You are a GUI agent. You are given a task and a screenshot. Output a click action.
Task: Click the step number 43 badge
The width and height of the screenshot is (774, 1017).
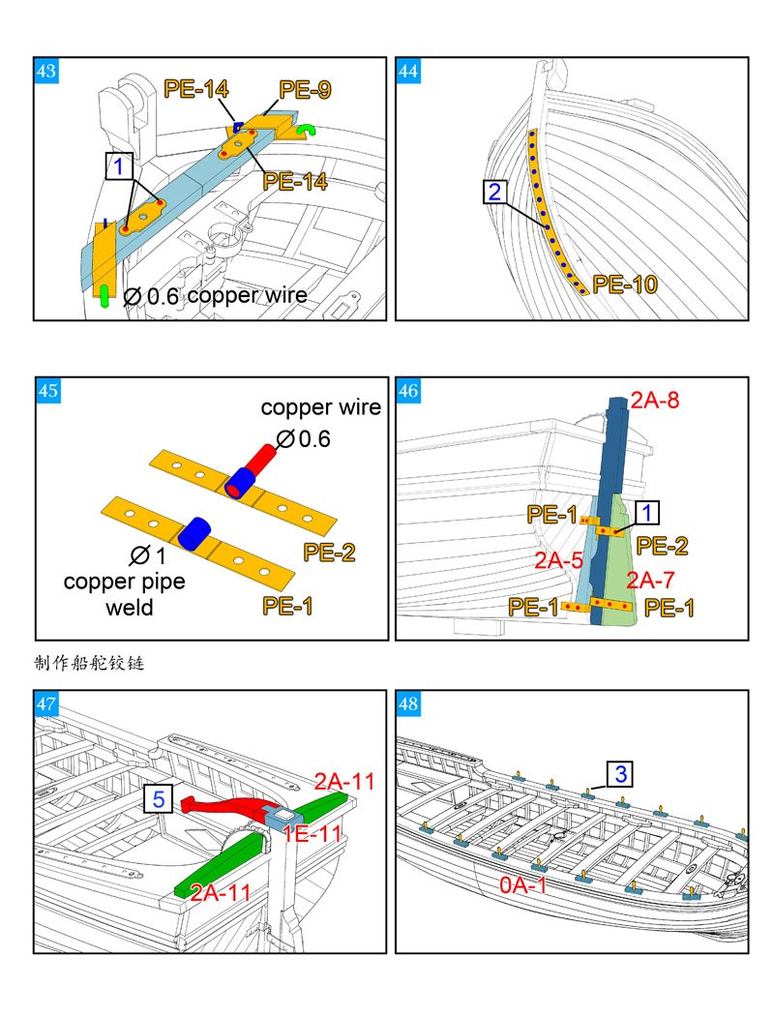(x=46, y=71)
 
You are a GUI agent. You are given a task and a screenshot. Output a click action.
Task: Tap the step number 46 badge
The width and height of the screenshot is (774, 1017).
(x=408, y=391)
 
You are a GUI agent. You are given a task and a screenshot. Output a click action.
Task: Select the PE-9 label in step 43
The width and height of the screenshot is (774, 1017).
(x=305, y=89)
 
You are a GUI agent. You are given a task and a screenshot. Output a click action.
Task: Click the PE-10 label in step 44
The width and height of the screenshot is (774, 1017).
(x=625, y=284)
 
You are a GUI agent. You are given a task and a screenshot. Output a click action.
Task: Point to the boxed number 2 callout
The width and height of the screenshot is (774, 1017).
(x=495, y=192)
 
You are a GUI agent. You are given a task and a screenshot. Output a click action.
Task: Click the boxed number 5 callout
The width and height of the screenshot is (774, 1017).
(x=159, y=798)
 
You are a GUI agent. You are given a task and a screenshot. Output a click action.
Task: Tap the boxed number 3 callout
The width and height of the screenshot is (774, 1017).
(x=620, y=774)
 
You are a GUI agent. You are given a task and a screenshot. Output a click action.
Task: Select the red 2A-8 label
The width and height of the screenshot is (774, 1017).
(x=655, y=401)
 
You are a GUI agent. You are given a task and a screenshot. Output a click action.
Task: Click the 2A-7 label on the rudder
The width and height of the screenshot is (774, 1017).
(x=650, y=580)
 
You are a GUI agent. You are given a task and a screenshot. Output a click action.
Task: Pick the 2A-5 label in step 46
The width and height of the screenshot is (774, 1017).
(x=559, y=559)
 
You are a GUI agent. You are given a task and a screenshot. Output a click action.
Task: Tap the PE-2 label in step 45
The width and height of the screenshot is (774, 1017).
(x=329, y=552)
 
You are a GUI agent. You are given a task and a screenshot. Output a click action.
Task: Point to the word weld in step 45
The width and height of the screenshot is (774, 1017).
(x=130, y=608)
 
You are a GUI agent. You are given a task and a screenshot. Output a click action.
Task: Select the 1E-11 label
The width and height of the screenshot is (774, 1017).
(x=312, y=833)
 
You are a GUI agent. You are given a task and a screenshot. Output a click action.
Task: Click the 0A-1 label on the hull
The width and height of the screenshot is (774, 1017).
(x=523, y=884)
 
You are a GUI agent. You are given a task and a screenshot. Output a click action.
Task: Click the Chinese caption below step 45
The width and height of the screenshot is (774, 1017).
(x=89, y=663)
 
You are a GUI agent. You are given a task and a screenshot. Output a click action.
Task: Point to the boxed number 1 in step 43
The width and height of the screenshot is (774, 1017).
(x=119, y=166)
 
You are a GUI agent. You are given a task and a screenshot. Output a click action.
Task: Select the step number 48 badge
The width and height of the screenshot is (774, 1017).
(x=408, y=703)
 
